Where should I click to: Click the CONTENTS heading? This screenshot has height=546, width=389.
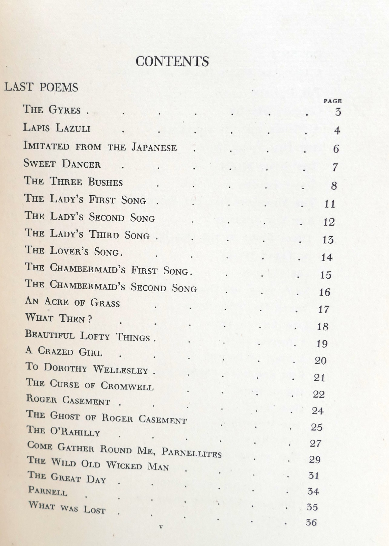172,61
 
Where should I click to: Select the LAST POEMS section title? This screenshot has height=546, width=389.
41,88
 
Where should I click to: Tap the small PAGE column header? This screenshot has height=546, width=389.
332,101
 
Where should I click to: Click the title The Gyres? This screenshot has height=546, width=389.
52,109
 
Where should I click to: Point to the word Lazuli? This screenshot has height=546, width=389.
73,128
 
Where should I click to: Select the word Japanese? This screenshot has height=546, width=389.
154,147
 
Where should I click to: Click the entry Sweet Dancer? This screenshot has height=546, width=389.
62,164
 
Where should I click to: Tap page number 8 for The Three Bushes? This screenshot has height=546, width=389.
334,185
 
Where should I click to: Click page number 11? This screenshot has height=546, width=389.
330,204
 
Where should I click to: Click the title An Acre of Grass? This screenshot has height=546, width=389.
73,302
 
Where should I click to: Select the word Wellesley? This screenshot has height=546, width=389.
120,370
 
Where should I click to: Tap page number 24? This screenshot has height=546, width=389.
318,411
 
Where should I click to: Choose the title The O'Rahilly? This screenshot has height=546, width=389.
63,431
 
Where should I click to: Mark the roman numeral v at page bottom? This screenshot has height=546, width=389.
161,527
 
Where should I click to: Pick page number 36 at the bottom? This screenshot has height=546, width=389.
311,523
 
